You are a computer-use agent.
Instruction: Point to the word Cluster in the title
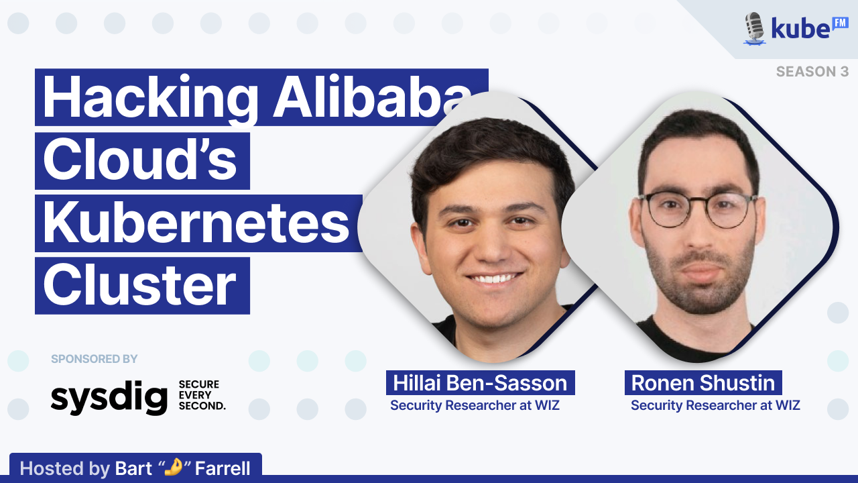[139, 285]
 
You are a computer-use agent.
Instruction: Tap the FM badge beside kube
[841, 23]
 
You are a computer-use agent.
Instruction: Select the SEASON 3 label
[812, 72]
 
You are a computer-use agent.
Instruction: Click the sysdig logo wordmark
[109, 398]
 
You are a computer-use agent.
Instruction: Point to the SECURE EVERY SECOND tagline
[202, 395]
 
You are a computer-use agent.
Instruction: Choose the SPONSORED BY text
[95, 359]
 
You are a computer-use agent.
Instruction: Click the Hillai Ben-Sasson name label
[481, 382]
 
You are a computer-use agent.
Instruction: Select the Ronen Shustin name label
[703, 382]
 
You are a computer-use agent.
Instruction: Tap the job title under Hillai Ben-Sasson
[475, 405]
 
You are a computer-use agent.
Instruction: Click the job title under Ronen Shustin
[715, 405]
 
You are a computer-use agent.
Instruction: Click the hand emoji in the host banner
[173, 467]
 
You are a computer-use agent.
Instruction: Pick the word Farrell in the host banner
[223, 468]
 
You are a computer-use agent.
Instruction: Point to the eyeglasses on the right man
[698, 211]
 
